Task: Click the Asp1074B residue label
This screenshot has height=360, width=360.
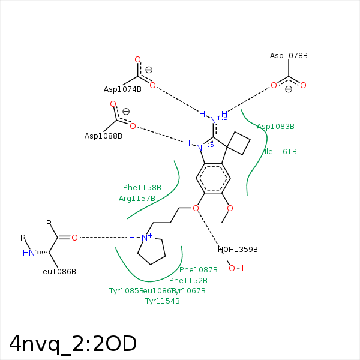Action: (122, 89)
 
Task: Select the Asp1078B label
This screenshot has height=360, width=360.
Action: (289, 56)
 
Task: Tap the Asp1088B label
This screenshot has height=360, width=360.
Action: (103, 136)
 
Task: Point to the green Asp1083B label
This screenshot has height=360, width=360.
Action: (275, 127)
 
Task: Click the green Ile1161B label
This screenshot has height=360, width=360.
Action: (281, 152)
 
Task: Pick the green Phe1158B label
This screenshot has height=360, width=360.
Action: (142, 188)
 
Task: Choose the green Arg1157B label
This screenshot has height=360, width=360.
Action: (137, 199)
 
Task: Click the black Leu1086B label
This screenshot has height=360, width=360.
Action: (58, 272)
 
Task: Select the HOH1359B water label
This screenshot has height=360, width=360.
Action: (238, 250)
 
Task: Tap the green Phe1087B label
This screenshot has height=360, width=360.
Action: (199, 270)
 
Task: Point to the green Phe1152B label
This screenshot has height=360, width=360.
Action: (188, 281)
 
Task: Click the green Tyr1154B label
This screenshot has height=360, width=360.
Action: (163, 301)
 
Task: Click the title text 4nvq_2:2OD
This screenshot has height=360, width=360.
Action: (73, 344)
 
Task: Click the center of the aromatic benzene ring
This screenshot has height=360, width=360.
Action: (213, 178)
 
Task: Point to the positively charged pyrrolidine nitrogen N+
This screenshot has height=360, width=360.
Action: (145, 238)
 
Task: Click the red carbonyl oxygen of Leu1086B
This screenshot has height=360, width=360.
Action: (74, 238)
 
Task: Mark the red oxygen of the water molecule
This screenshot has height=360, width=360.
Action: (232, 268)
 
